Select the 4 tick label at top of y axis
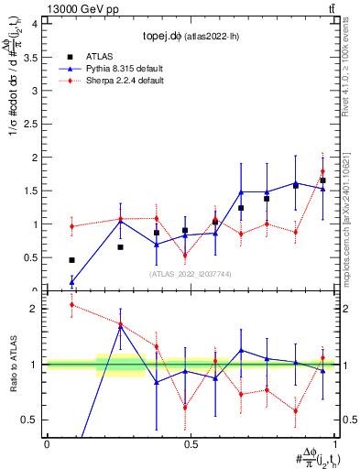pyautogui.click(x=35, y=24)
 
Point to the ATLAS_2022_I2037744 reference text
pyautogui.click(x=190, y=274)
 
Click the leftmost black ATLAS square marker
pyautogui.click(x=71, y=260)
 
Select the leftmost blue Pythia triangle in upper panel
pyautogui.click(x=71, y=282)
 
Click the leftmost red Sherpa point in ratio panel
pyautogui.click(x=71, y=305)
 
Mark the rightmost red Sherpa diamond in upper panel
pyautogui.click(x=322, y=171)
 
